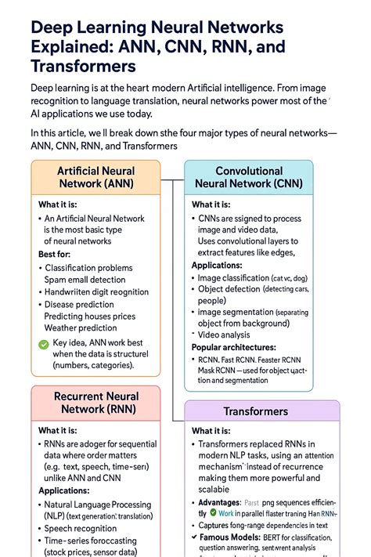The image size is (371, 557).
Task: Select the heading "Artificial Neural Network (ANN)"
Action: click(95, 177)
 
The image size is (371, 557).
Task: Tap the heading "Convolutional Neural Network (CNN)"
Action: click(249, 177)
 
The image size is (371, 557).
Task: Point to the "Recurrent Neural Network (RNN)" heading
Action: click(95, 403)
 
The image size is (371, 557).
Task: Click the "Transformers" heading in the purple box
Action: click(255, 411)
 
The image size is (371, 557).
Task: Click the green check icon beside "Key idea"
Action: click(44, 343)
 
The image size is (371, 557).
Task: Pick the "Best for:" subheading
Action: click(59, 254)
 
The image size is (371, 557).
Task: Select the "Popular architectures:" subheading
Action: click(234, 347)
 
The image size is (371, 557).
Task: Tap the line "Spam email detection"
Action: click(85, 280)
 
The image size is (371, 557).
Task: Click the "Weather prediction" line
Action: click(81, 327)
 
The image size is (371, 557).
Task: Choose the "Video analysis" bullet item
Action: click(229, 335)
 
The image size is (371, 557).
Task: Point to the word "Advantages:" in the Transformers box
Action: click(219, 502)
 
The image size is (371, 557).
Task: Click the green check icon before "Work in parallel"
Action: click(213, 514)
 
